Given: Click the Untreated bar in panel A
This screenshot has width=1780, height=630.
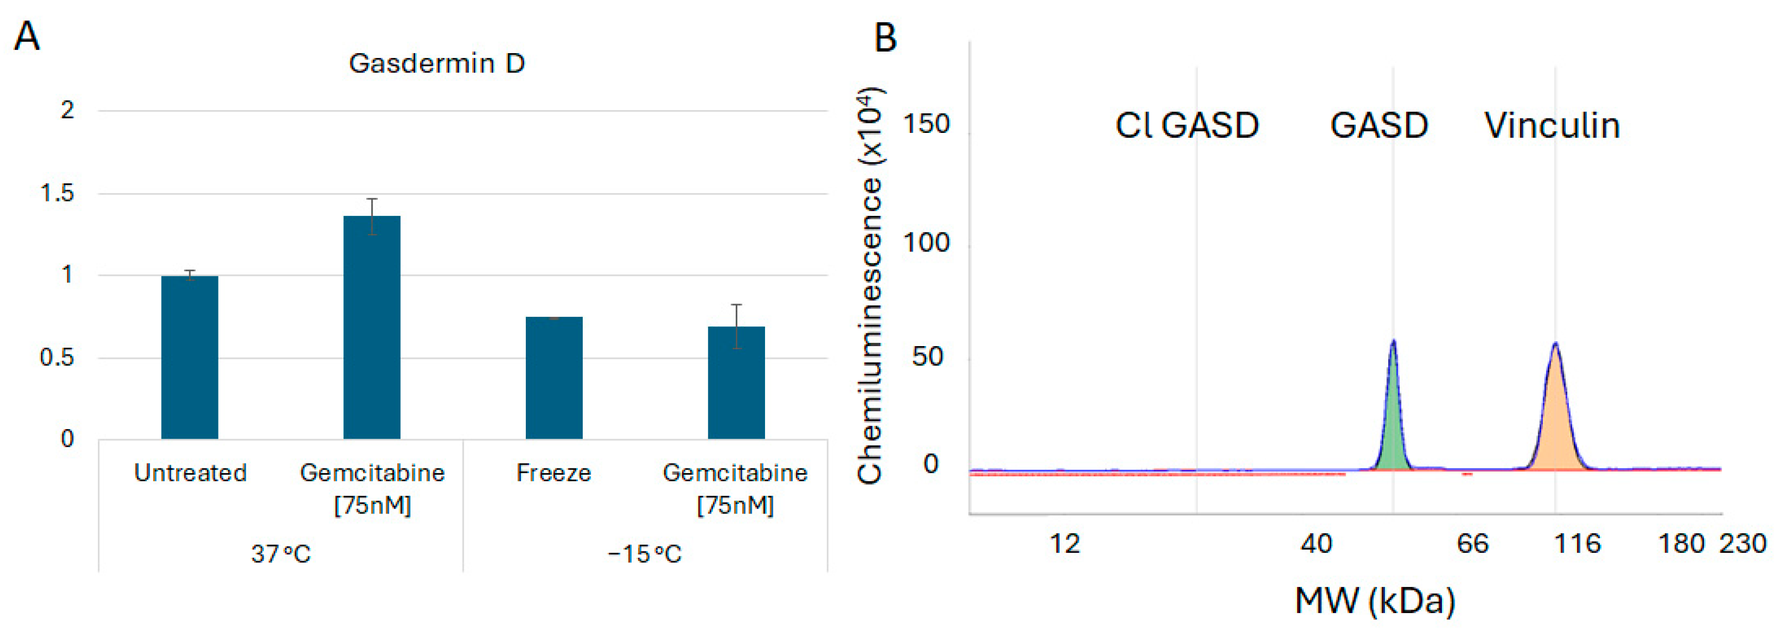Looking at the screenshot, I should click(189, 357).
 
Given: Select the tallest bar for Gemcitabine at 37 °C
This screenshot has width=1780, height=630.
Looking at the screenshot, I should click(372, 327).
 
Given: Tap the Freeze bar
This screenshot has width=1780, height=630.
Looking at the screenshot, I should click(553, 378).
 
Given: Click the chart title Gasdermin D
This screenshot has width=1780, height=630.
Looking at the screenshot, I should click(436, 64).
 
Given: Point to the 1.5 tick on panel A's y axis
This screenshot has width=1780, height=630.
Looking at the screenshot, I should click(57, 194).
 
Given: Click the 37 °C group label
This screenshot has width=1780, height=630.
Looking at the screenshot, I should click(281, 554).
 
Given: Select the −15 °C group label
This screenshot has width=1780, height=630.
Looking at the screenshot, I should click(644, 554).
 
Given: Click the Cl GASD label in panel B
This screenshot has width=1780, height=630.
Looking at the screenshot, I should click(1187, 125).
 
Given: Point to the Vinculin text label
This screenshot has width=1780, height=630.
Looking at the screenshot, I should click(1552, 125).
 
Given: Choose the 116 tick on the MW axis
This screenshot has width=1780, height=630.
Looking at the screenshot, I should click(1577, 544).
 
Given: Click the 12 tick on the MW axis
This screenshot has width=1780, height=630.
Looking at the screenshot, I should click(1064, 544).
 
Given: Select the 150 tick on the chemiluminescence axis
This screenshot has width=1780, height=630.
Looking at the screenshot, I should click(926, 124).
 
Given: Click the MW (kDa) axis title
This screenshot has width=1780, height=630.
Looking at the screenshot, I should click(1374, 601).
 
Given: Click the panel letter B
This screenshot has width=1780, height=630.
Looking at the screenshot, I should click(885, 38).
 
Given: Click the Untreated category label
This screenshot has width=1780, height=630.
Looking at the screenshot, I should click(190, 473).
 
